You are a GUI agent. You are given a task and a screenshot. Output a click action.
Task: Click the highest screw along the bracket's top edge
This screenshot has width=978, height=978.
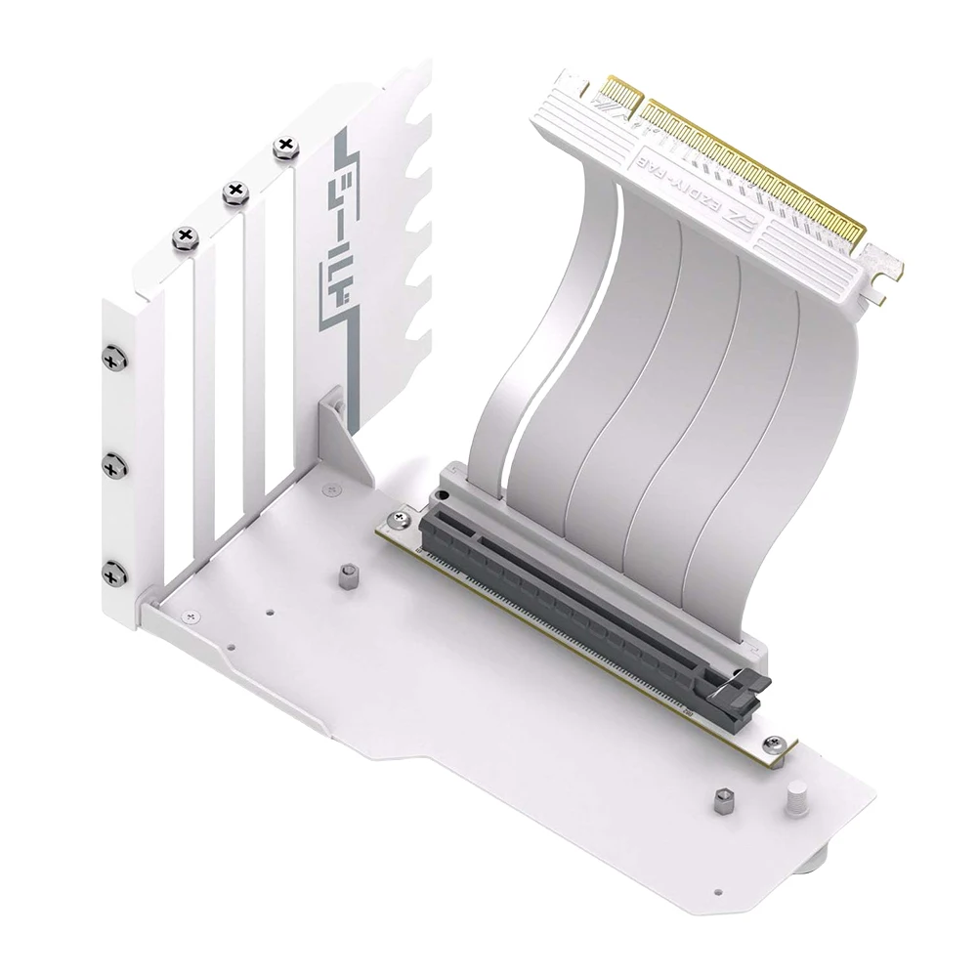285,145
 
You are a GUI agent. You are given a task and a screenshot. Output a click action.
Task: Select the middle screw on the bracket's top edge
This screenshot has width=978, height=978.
234,192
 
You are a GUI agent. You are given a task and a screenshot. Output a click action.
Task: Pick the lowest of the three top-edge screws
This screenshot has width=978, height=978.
185,234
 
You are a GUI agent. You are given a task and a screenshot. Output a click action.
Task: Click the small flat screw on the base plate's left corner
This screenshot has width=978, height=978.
190,616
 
